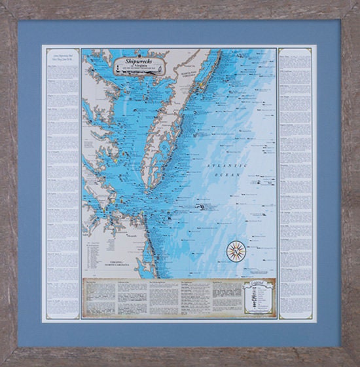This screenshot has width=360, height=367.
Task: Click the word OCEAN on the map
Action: (230, 176)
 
